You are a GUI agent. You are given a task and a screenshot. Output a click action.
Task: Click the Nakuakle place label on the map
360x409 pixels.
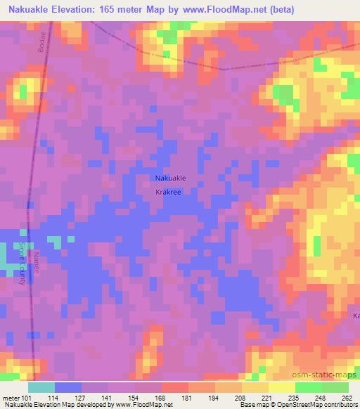point(170,178)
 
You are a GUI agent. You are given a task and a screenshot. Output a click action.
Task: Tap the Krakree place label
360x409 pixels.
point(170,190)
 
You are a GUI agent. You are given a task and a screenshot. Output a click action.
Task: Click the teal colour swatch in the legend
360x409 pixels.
point(41,387)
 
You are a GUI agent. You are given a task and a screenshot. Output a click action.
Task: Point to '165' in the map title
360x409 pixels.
point(119,9)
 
